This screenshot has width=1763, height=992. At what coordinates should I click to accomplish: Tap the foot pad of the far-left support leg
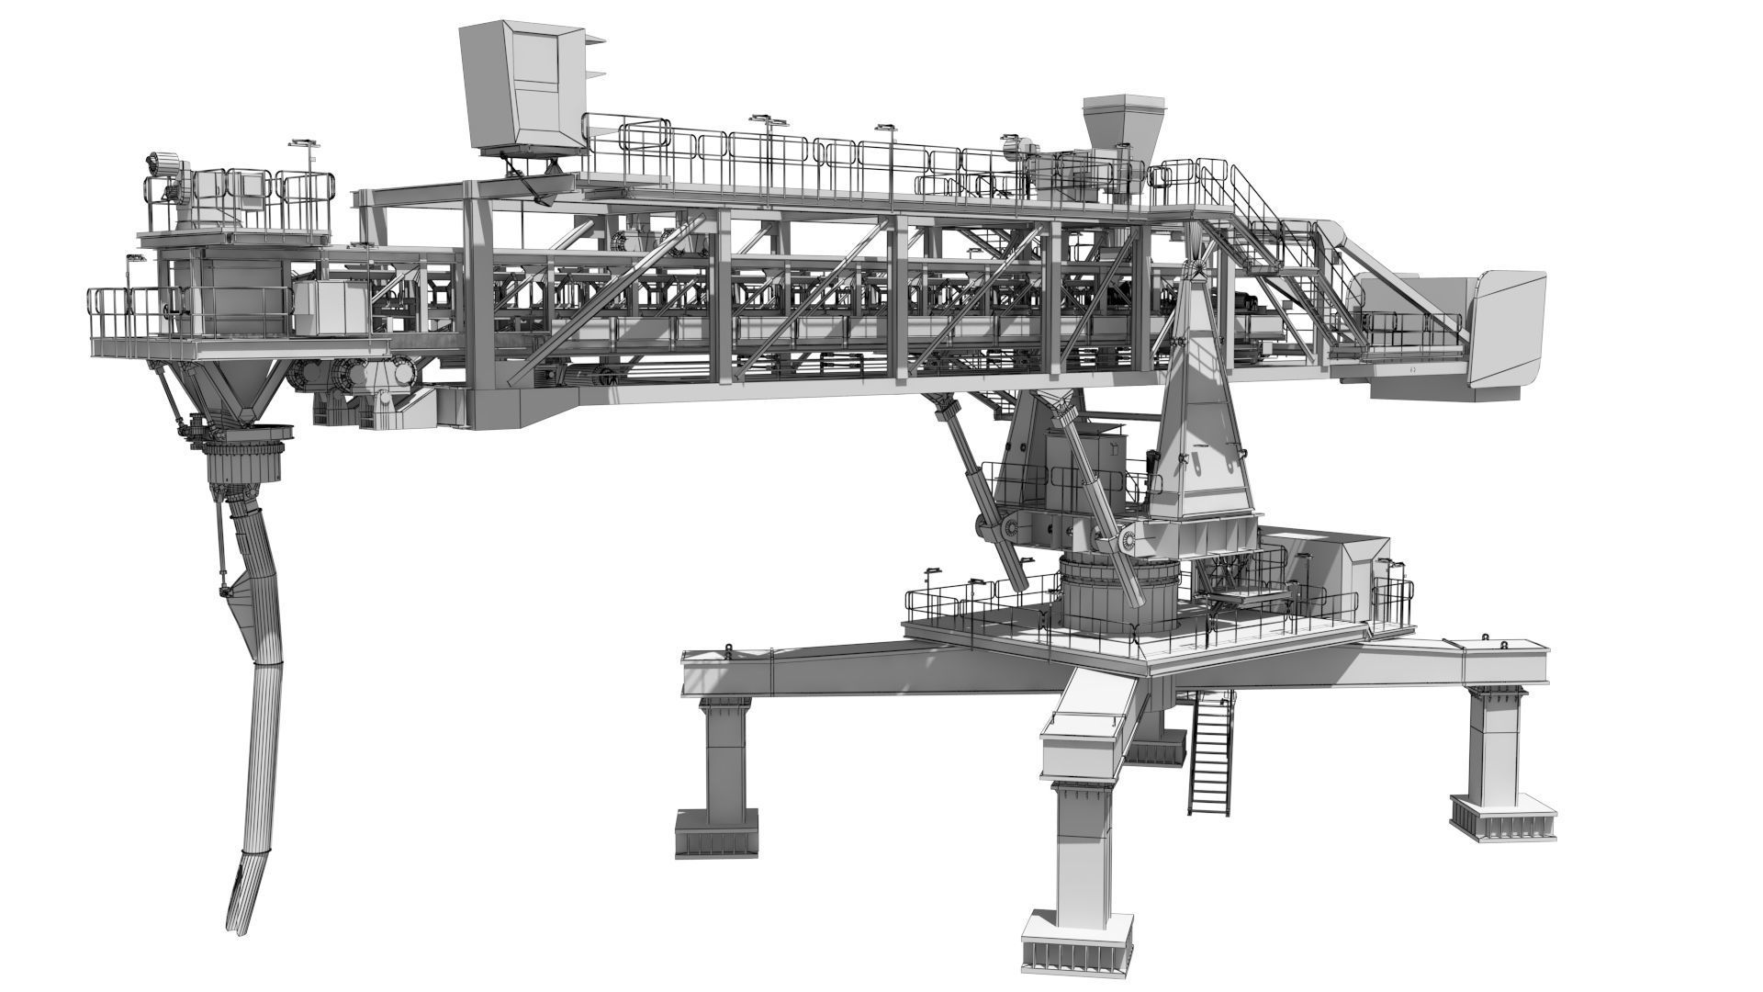coord(717,832)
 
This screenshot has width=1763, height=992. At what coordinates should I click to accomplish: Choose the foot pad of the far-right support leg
coord(1503,817)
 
